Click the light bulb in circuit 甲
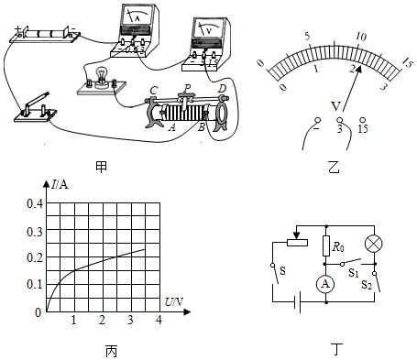[101, 77]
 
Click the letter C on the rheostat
[154, 90]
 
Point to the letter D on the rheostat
[222, 89]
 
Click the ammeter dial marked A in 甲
[137, 16]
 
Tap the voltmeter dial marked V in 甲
[209, 29]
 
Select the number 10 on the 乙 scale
[361, 37]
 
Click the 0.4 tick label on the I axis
[35, 203]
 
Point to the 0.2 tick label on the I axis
[35, 257]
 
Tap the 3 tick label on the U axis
[130, 320]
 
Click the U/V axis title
[174, 302]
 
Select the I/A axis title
[60, 184]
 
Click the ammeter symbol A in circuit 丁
[325, 284]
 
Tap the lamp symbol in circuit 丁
[374, 244]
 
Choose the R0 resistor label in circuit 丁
[338, 246]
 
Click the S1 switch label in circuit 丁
[354, 273]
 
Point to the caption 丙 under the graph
[111, 351]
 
